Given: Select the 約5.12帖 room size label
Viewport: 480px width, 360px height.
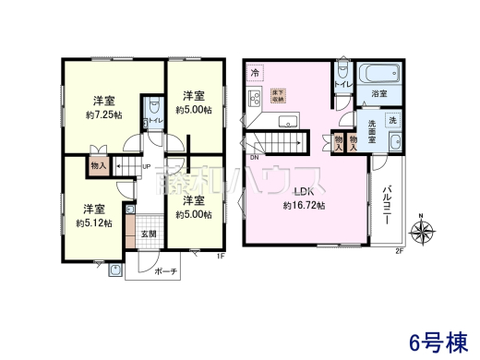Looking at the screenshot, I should click(93, 222).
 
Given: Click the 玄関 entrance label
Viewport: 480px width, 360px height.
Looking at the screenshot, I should click(148, 234).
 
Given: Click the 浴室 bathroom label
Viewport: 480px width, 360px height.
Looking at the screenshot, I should click(378, 94).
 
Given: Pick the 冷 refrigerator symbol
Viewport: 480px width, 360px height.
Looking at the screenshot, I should click(256, 72).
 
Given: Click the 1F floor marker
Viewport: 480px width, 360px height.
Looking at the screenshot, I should click(221, 256).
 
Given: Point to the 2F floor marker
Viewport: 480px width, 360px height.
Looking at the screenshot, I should click(399, 252).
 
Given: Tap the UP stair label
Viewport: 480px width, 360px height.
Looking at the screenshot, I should click(146, 167).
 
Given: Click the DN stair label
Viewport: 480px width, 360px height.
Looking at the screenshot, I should click(254, 158).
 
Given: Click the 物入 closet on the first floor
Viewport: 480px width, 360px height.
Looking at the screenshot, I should click(99, 165).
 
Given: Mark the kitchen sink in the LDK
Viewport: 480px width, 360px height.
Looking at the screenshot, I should click(285, 119).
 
